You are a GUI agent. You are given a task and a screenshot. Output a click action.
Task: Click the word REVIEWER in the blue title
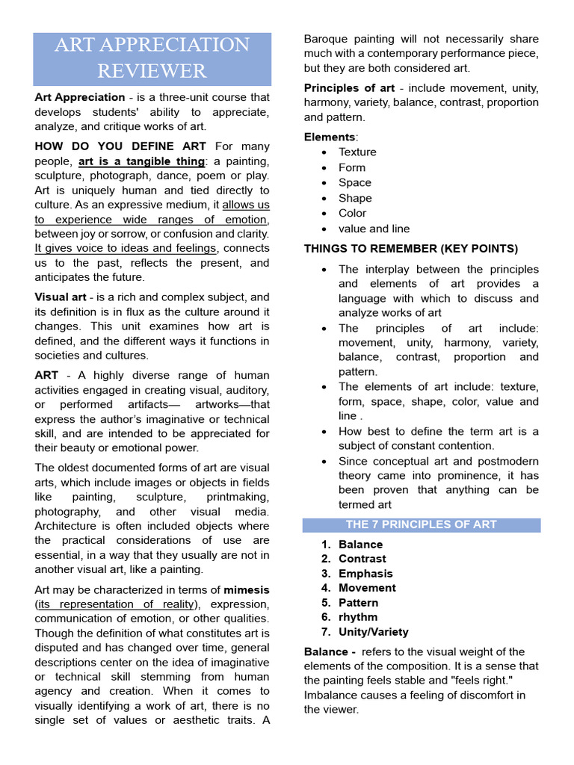click(x=152, y=71)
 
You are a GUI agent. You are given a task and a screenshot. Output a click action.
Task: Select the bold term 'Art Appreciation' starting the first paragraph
click(x=80, y=97)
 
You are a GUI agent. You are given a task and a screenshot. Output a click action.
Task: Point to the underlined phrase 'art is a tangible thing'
click(x=141, y=161)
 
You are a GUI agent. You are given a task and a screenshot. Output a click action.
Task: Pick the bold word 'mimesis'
click(x=247, y=589)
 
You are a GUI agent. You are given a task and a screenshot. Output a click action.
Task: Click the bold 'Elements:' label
click(x=331, y=137)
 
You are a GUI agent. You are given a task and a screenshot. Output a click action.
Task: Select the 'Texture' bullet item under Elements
click(x=357, y=152)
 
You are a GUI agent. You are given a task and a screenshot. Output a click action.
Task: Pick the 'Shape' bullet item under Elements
click(x=355, y=198)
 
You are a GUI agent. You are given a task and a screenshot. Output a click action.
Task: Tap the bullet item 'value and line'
click(x=374, y=229)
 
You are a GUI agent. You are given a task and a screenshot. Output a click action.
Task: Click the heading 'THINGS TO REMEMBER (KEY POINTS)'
click(x=410, y=249)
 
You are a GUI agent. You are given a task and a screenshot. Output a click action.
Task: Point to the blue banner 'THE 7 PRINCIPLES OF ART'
click(x=422, y=524)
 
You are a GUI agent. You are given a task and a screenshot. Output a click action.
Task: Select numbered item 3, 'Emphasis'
click(x=365, y=574)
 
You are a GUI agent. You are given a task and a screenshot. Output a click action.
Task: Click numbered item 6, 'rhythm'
click(x=358, y=617)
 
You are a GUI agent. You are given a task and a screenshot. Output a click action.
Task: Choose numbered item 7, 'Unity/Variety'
click(x=373, y=632)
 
